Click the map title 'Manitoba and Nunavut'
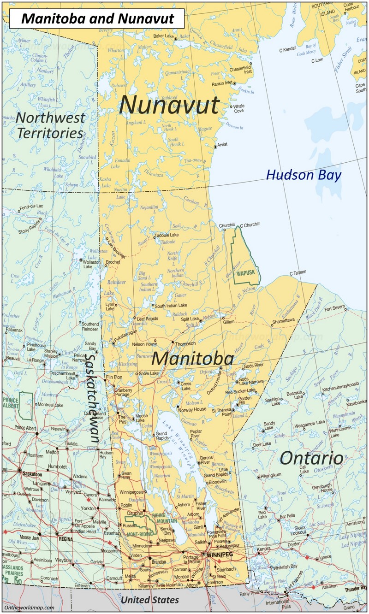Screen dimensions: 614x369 click(97, 18)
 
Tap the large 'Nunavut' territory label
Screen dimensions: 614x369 click(169, 105)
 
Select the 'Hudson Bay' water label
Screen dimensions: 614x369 click(304, 175)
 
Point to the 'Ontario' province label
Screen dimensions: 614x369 click(311, 458)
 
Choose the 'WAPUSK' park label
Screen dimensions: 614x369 click(245, 272)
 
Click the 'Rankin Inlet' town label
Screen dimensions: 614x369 click(221, 84)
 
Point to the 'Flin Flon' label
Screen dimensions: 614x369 click(114, 377)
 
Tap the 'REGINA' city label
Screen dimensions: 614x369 click(65, 538)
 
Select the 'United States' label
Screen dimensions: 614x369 click(149, 600)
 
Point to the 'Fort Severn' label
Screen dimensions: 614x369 click(334, 307)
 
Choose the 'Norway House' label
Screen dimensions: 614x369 click(193, 409)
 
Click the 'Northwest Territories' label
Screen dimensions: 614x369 click(51, 125)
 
